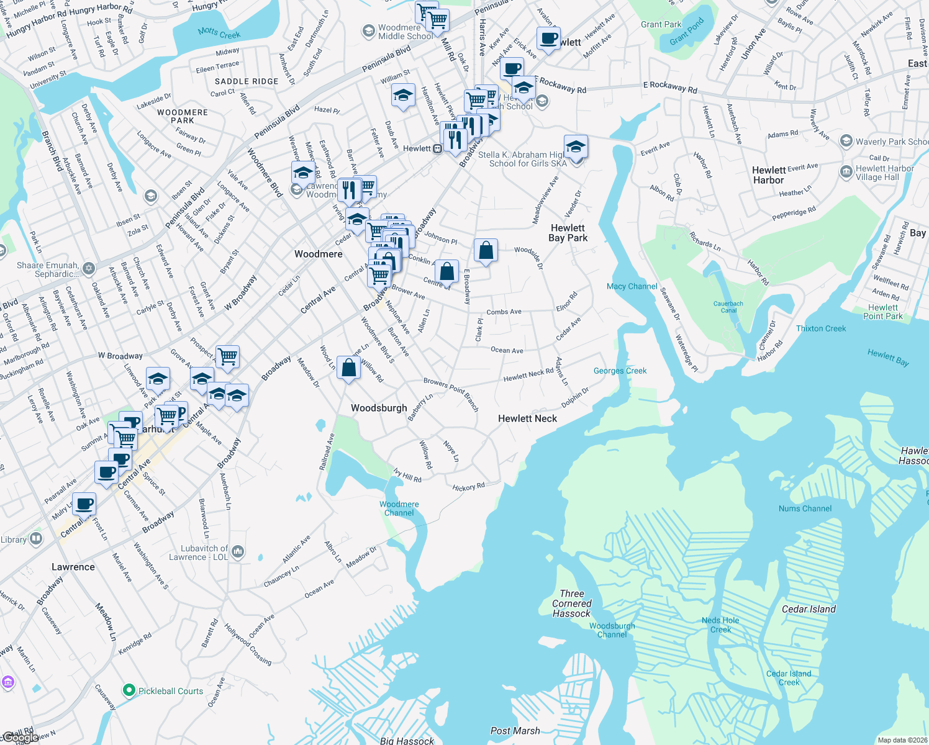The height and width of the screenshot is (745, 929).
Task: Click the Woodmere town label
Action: [x=318, y=254]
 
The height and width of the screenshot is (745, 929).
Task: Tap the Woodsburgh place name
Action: [x=379, y=408]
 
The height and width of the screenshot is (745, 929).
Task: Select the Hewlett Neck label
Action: [x=527, y=418]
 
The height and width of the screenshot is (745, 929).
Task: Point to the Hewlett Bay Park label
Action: [x=568, y=233]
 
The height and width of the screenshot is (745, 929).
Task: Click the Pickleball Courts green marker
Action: [x=129, y=690]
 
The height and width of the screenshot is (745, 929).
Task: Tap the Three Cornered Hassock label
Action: [x=572, y=603]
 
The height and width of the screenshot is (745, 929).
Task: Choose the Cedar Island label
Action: [x=809, y=609]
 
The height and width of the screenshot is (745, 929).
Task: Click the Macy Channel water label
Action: [x=632, y=286]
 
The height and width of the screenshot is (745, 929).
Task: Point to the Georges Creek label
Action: [x=620, y=371]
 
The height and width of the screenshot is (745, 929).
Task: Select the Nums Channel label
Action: [x=805, y=508]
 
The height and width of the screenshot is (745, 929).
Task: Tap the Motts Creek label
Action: [x=219, y=33]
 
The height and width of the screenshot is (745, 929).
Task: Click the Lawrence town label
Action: [x=73, y=567]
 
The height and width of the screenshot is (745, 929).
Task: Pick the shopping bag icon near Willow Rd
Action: [x=349, y=368]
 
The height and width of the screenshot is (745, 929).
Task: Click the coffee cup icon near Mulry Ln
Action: [x=84, y=504]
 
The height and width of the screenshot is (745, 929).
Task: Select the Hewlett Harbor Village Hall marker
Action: [x=846, y=172]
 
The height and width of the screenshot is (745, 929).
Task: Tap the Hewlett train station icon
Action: [x=437, y=148]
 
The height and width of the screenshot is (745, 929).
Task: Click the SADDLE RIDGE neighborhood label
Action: [x=247, y=81]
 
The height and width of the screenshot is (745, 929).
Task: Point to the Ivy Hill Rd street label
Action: [x=407, y=476]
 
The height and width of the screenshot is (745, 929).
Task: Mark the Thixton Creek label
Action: [x=821, y=328]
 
